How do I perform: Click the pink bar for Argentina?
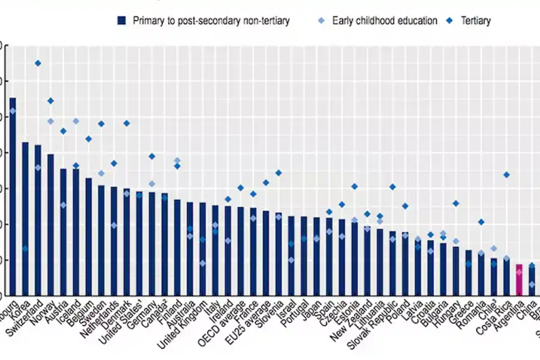(519, 280)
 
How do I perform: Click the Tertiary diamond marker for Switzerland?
(38, 63)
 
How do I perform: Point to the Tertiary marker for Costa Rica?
(506, 175)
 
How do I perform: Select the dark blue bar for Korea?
(25, 218)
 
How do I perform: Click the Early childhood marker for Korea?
(25, 248)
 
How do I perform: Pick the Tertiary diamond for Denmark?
(127, 123)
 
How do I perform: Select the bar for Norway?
(50, 224)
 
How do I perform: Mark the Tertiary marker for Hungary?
(456, 203)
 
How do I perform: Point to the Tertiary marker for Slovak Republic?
(393, 187)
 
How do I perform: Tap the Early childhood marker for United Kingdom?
(203, 263)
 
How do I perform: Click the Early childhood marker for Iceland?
(76, 121)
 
